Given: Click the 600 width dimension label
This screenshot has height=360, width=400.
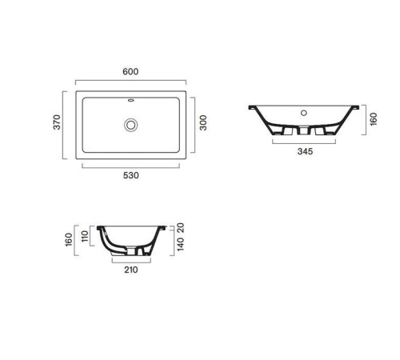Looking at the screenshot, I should (131, 71).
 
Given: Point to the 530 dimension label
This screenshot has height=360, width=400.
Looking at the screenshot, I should (131, 175).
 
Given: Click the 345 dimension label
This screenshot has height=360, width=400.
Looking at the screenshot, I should (303, 150).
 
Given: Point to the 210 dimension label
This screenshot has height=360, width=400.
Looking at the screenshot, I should (131, 270).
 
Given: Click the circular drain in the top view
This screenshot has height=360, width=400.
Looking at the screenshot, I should (131, 124).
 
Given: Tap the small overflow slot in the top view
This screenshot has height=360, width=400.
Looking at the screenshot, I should (131, 102).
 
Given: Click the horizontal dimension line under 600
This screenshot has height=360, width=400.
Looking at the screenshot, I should (131, 80).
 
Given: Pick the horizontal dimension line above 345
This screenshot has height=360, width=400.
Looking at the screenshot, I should (303, 142).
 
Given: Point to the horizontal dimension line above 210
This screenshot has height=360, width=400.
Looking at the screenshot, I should (131, 261).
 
